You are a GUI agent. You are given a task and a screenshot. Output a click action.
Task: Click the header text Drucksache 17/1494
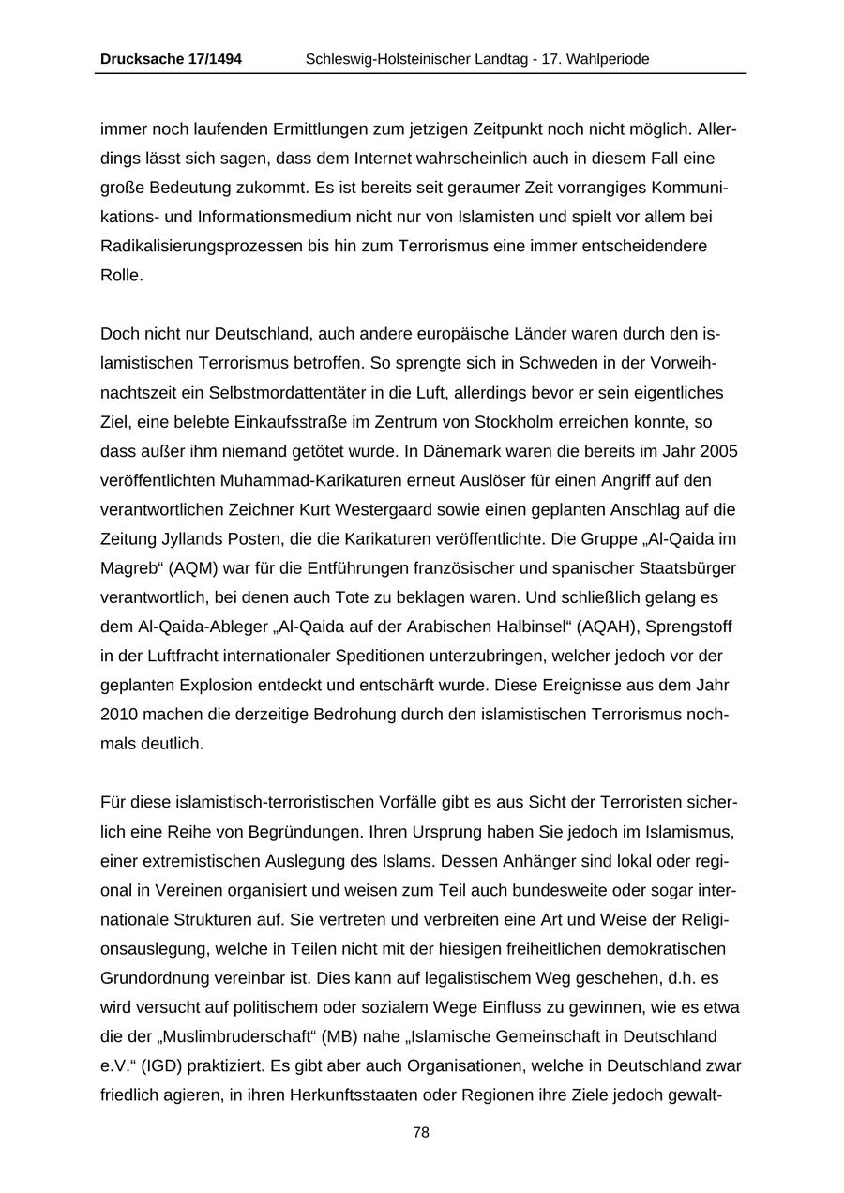tap(171, 59)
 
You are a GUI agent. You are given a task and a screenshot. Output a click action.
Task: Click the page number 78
tap(421, 1133)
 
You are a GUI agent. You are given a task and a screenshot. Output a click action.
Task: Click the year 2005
tap(718, 451)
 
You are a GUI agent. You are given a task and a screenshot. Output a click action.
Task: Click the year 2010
tap(120, 715)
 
